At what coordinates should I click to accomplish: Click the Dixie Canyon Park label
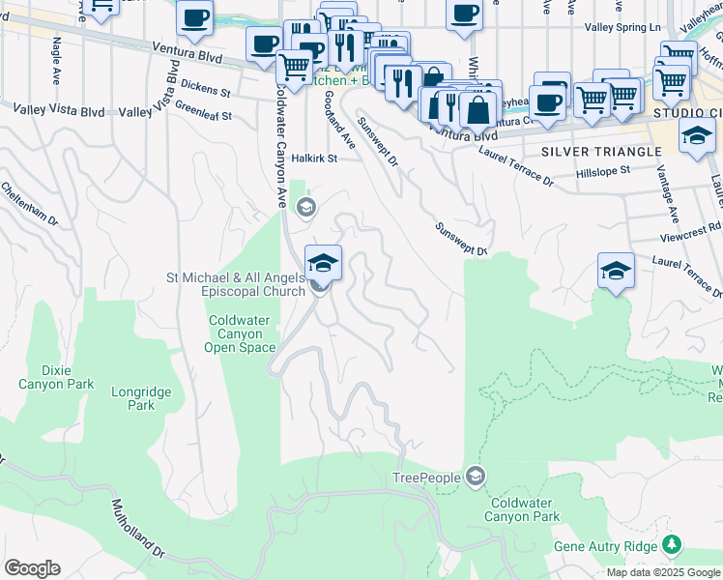coord(56,376)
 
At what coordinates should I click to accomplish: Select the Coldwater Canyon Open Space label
coord(243,333)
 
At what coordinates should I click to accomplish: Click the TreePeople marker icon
coord(475,475)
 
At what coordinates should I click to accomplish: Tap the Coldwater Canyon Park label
coord(524,509)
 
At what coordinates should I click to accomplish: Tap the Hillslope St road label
coord(602,170)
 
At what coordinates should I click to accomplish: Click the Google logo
coord(32,568)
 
